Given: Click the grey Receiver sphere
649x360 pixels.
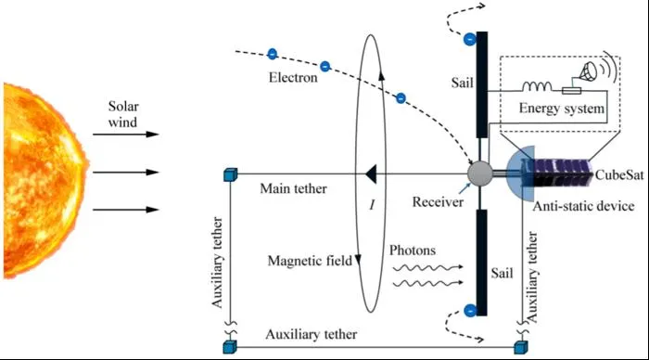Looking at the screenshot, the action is click(480, 174).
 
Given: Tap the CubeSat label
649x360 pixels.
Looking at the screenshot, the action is click(619, 174).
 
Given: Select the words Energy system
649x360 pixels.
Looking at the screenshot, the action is click(562, 109).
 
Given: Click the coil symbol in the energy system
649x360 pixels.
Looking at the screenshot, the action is click(537, 86).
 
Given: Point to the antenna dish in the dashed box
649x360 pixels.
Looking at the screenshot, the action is click(588, 71).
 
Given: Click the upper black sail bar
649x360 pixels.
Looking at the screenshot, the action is click(482, 84).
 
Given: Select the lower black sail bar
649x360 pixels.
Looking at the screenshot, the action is click(482, 263).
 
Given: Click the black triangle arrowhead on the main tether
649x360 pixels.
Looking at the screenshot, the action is click(371, 174).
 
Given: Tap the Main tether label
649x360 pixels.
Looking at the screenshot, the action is click(293, 188).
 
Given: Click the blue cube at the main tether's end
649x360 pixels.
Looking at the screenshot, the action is click(230, 174).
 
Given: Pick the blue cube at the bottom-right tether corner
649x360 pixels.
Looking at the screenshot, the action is click(521, 347).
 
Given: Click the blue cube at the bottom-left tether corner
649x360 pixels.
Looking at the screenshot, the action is click(230, 347).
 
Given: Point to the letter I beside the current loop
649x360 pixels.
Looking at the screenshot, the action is click(372, 204).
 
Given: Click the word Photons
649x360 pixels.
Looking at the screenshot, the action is click(413, 251).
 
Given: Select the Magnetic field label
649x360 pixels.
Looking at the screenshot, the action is click(310, 261).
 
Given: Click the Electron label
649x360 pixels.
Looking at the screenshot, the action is click(293, 77).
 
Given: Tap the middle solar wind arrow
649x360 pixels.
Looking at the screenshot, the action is click(126, 172).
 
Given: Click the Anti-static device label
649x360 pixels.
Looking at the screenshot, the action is click(583, 206).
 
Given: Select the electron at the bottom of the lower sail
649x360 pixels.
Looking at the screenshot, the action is click(470, 310).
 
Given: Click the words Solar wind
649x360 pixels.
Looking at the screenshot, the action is click(123, 114).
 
